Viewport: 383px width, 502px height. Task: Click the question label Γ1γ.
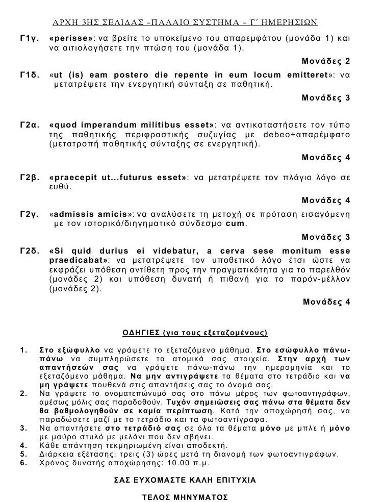tap(27, 39)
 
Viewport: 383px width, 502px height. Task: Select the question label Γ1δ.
tap(27, 75)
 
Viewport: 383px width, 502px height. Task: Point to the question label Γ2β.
tap(27, 178)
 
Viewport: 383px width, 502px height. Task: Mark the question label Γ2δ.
tap(27, 252)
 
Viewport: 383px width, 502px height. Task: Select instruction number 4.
tap(22, 444)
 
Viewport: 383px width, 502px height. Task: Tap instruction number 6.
tap(22, 463)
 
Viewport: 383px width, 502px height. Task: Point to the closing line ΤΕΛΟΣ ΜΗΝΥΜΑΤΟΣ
tap(192, 496)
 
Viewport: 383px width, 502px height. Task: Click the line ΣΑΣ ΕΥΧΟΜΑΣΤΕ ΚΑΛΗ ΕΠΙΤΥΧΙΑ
tap(192, 480)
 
